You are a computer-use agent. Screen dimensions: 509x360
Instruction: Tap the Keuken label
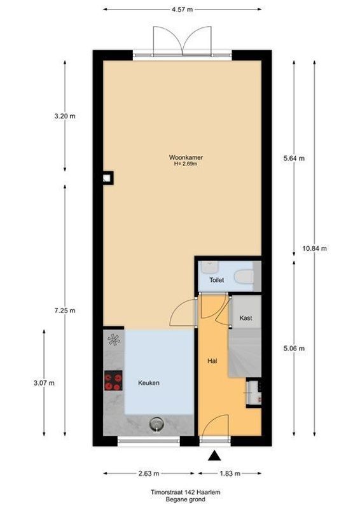149,383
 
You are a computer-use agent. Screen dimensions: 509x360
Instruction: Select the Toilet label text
217,280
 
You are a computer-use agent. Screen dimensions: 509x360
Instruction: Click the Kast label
246,317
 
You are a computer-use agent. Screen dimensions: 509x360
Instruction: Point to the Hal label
213,361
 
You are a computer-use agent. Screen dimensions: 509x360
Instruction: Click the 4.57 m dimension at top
183,10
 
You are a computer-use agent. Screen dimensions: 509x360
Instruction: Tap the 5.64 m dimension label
293,158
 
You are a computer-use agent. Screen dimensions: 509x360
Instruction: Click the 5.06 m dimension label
293,348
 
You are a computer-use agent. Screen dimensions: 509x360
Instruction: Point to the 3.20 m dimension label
65,116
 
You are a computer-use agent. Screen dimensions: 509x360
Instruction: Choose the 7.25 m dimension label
65,310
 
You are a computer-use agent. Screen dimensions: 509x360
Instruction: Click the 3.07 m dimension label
44,382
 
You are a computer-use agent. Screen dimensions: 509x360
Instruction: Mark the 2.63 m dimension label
148,474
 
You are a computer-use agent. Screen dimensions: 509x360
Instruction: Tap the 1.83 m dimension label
230,474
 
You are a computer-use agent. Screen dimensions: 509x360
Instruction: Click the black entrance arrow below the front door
214,455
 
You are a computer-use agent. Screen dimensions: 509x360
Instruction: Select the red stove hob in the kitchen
113,381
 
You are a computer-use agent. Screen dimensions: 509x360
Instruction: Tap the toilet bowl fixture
244,278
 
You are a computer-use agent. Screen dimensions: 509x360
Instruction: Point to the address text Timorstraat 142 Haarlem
179,492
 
